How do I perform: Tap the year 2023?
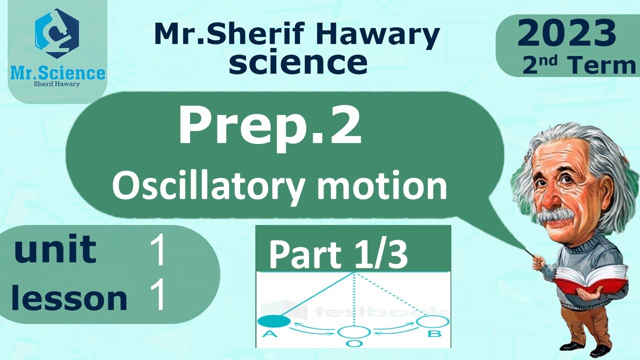566,34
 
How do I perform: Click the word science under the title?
301,62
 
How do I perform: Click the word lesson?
69,299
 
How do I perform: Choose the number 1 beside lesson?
158,297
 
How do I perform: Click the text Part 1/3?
338,254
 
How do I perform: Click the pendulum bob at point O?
354,332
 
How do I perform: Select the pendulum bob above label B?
433,321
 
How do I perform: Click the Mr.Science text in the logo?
58,73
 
